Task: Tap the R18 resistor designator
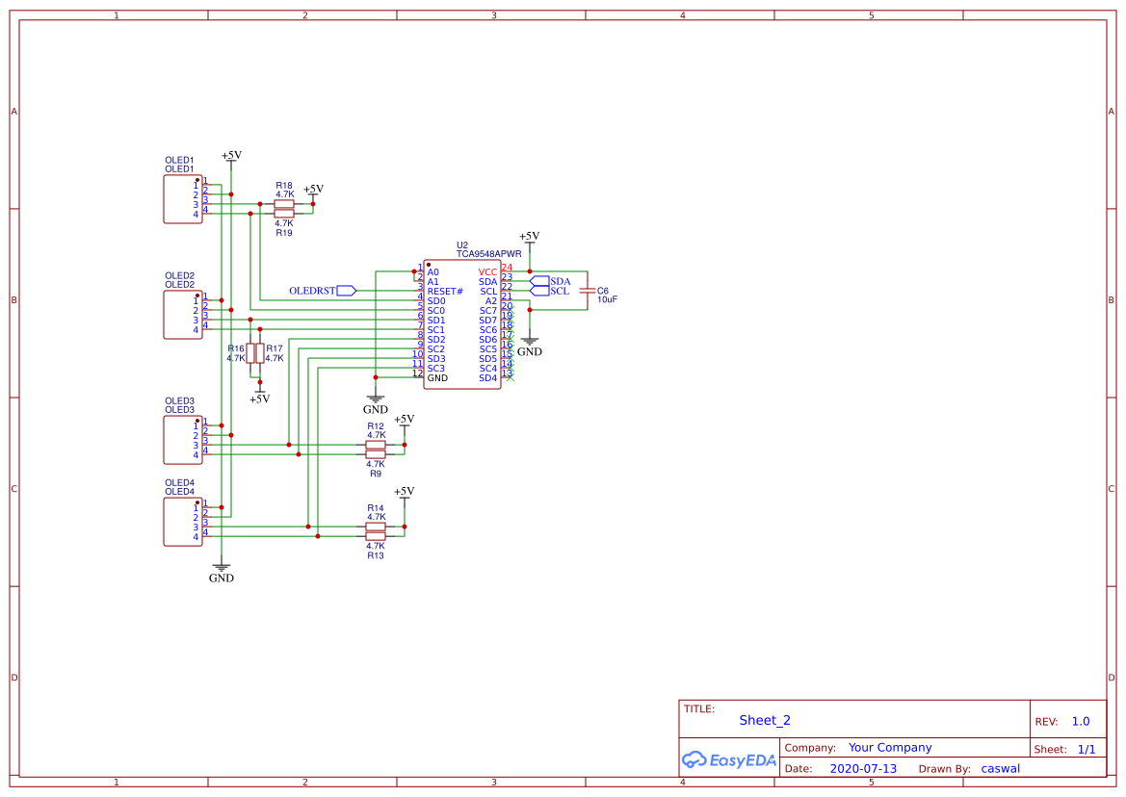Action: coord(284,185)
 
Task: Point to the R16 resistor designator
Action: coord(236,348)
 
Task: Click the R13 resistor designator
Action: coord(375,555)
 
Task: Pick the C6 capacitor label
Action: coord(603,290)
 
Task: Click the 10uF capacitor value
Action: coord(607,300)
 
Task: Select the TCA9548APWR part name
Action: coord(489,254)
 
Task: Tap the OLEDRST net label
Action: coord(312,291)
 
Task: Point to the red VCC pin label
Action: coord(487,272)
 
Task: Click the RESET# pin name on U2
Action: coord(445,292)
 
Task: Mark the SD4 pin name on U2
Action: coord(488,378)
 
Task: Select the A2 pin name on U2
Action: coord(491,301)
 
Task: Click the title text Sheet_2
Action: coord(765,720)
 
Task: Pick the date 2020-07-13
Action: coord(863,768)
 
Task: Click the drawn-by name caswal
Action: coord(1000,768)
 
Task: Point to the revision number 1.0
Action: coord(1081,721)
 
